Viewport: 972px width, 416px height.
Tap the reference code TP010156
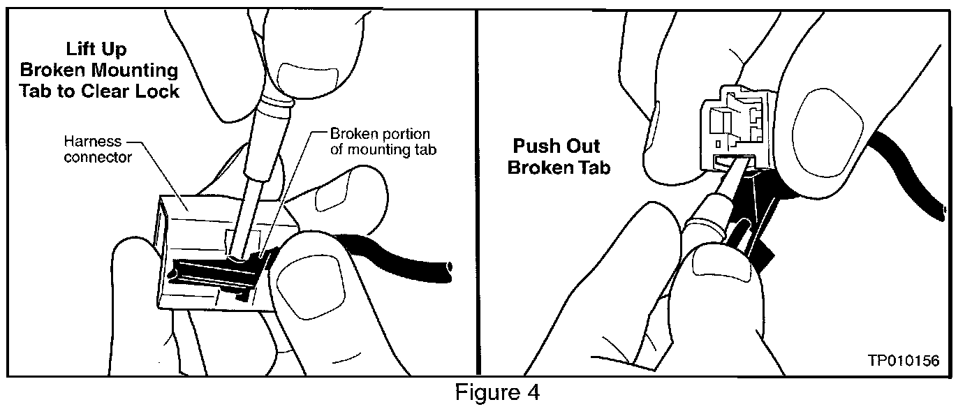click(903, 361)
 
